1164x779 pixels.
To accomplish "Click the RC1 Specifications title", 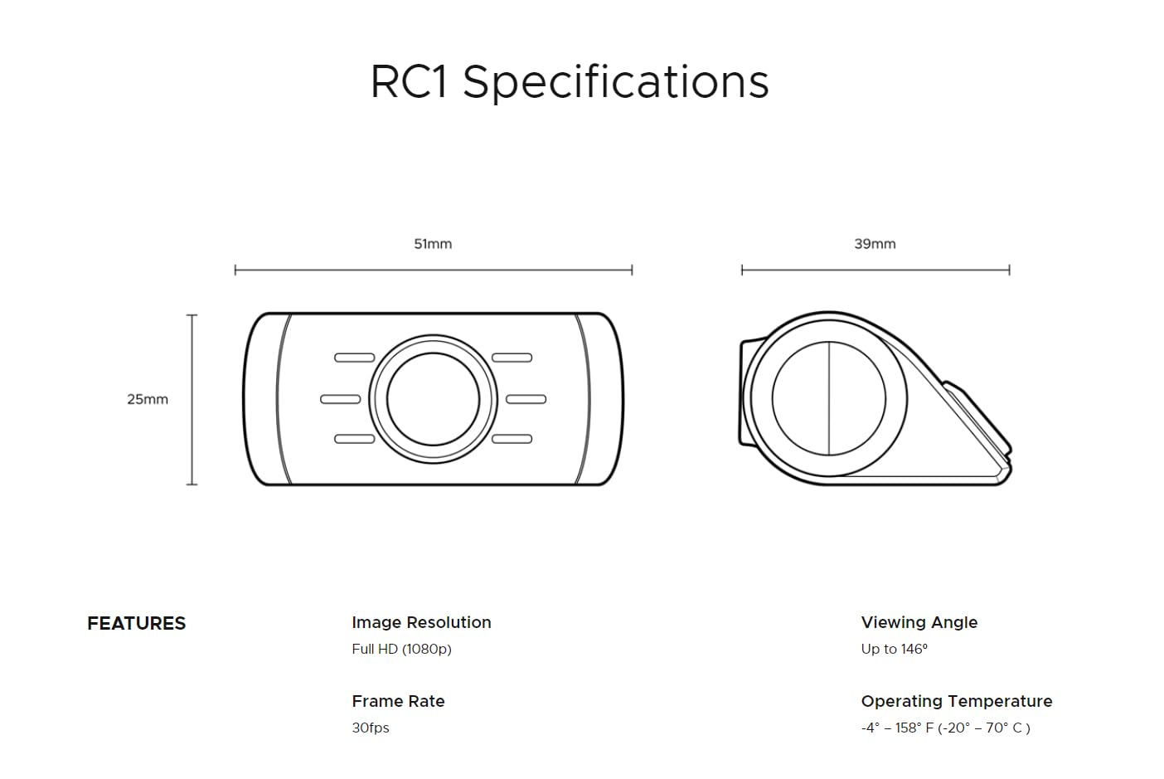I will pos(570,82).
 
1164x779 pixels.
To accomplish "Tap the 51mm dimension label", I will pos(433,244).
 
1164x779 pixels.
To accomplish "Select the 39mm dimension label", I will pos(875,244).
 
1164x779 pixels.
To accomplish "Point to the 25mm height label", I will pos(148,399).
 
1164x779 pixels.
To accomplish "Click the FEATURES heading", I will pos(137,623).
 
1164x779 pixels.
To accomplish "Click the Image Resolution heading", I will pos(421,622).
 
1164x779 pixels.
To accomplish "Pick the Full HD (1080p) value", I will pos(401,649).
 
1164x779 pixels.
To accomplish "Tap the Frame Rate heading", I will pos(398,701).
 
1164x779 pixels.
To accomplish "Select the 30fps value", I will pos(371,728).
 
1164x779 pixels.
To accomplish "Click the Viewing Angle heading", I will pos(919,622).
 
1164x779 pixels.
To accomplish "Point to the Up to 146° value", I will pos(895,649).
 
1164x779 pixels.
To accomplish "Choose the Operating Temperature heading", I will pos(957,701).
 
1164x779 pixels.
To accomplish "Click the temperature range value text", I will pos(946,728).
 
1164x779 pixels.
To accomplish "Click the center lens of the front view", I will pos(433,399).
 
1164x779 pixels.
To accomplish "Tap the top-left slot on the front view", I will pos(354,358).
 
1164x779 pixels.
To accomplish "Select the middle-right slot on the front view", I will pos(526,399).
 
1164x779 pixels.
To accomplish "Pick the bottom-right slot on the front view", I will pos(512,439).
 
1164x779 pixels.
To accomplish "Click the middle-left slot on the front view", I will pos(340,399).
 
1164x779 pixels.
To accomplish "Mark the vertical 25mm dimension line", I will pos(192,399).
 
